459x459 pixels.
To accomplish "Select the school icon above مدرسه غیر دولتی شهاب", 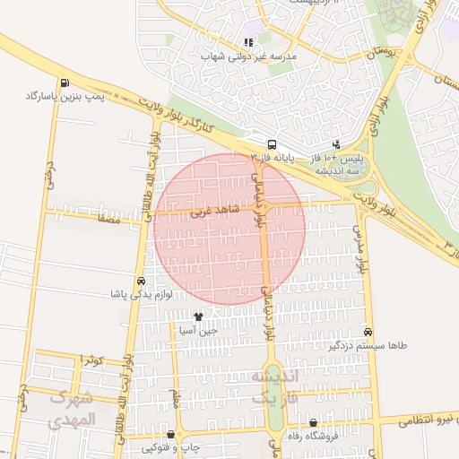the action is pos(248,42).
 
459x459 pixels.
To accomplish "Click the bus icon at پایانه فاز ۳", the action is pos(271,143).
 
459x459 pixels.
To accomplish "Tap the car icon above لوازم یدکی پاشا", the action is pos(140,280).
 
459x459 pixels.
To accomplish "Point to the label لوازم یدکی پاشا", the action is pos(140,293).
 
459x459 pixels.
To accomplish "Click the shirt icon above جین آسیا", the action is pos(198,316).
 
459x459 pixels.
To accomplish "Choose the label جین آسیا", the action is pos(198,330).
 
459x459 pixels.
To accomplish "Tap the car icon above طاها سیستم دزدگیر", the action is pos(367,330).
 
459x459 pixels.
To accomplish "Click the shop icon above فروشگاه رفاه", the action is pos(313,423).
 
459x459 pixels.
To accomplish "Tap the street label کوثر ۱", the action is pos(92,359).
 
